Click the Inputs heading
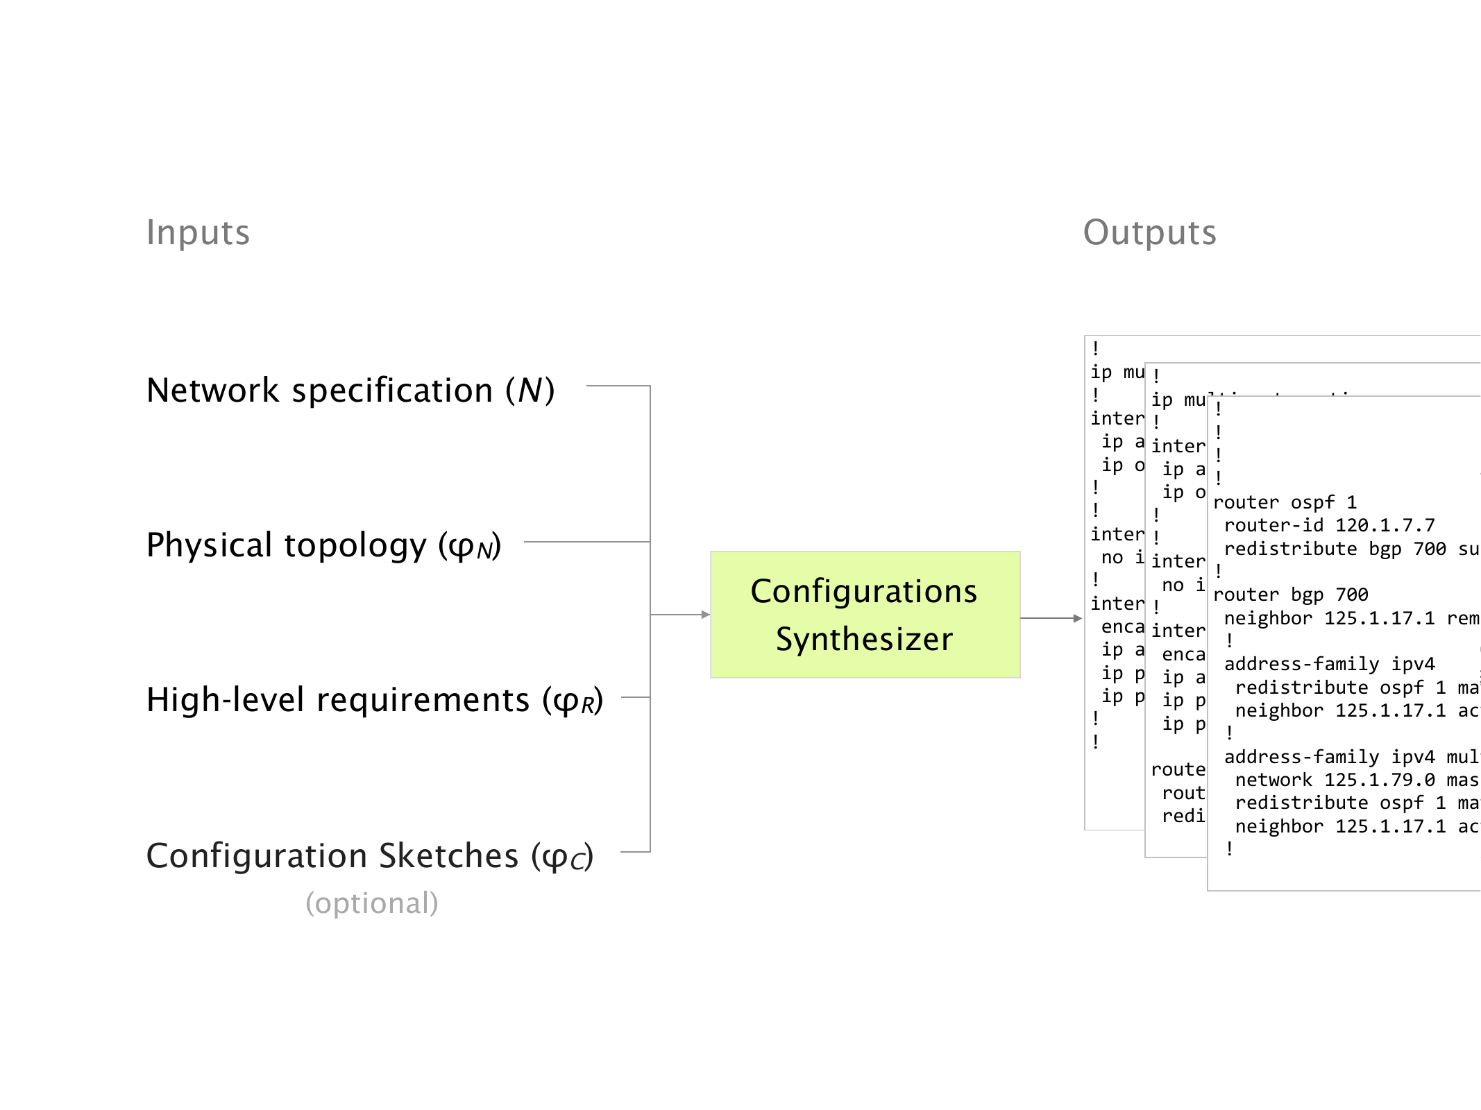pyautogui.click(x=198, y=232)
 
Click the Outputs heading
pyautogui.click(x=1149, y=232)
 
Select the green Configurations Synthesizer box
pyautogui.click(x=865, y=614)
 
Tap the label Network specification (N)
pyautogui.click(x=350, y=391)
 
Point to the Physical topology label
pyautogui.click(x=323, y=545)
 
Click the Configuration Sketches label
pyautogui.click(x=370, y=856)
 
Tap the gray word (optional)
pyautogui.click(x=372, y=903)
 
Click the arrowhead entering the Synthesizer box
pyautogui.click(x=706, y=615)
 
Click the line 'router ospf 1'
pyautogui.click(x=1285, y=502)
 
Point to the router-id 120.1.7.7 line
pyautogui.click(x=1329, y=526)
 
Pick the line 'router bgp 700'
pyautogui.click(x=1291, y=595)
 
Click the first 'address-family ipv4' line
pyautogui.click(x=1329, y=665)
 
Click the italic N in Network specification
pyautogui.click(x=530, y=391)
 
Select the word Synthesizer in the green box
pyautogui.click(x=865, y=639)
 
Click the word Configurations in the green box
pyautogui.click(x=864, y=592)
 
